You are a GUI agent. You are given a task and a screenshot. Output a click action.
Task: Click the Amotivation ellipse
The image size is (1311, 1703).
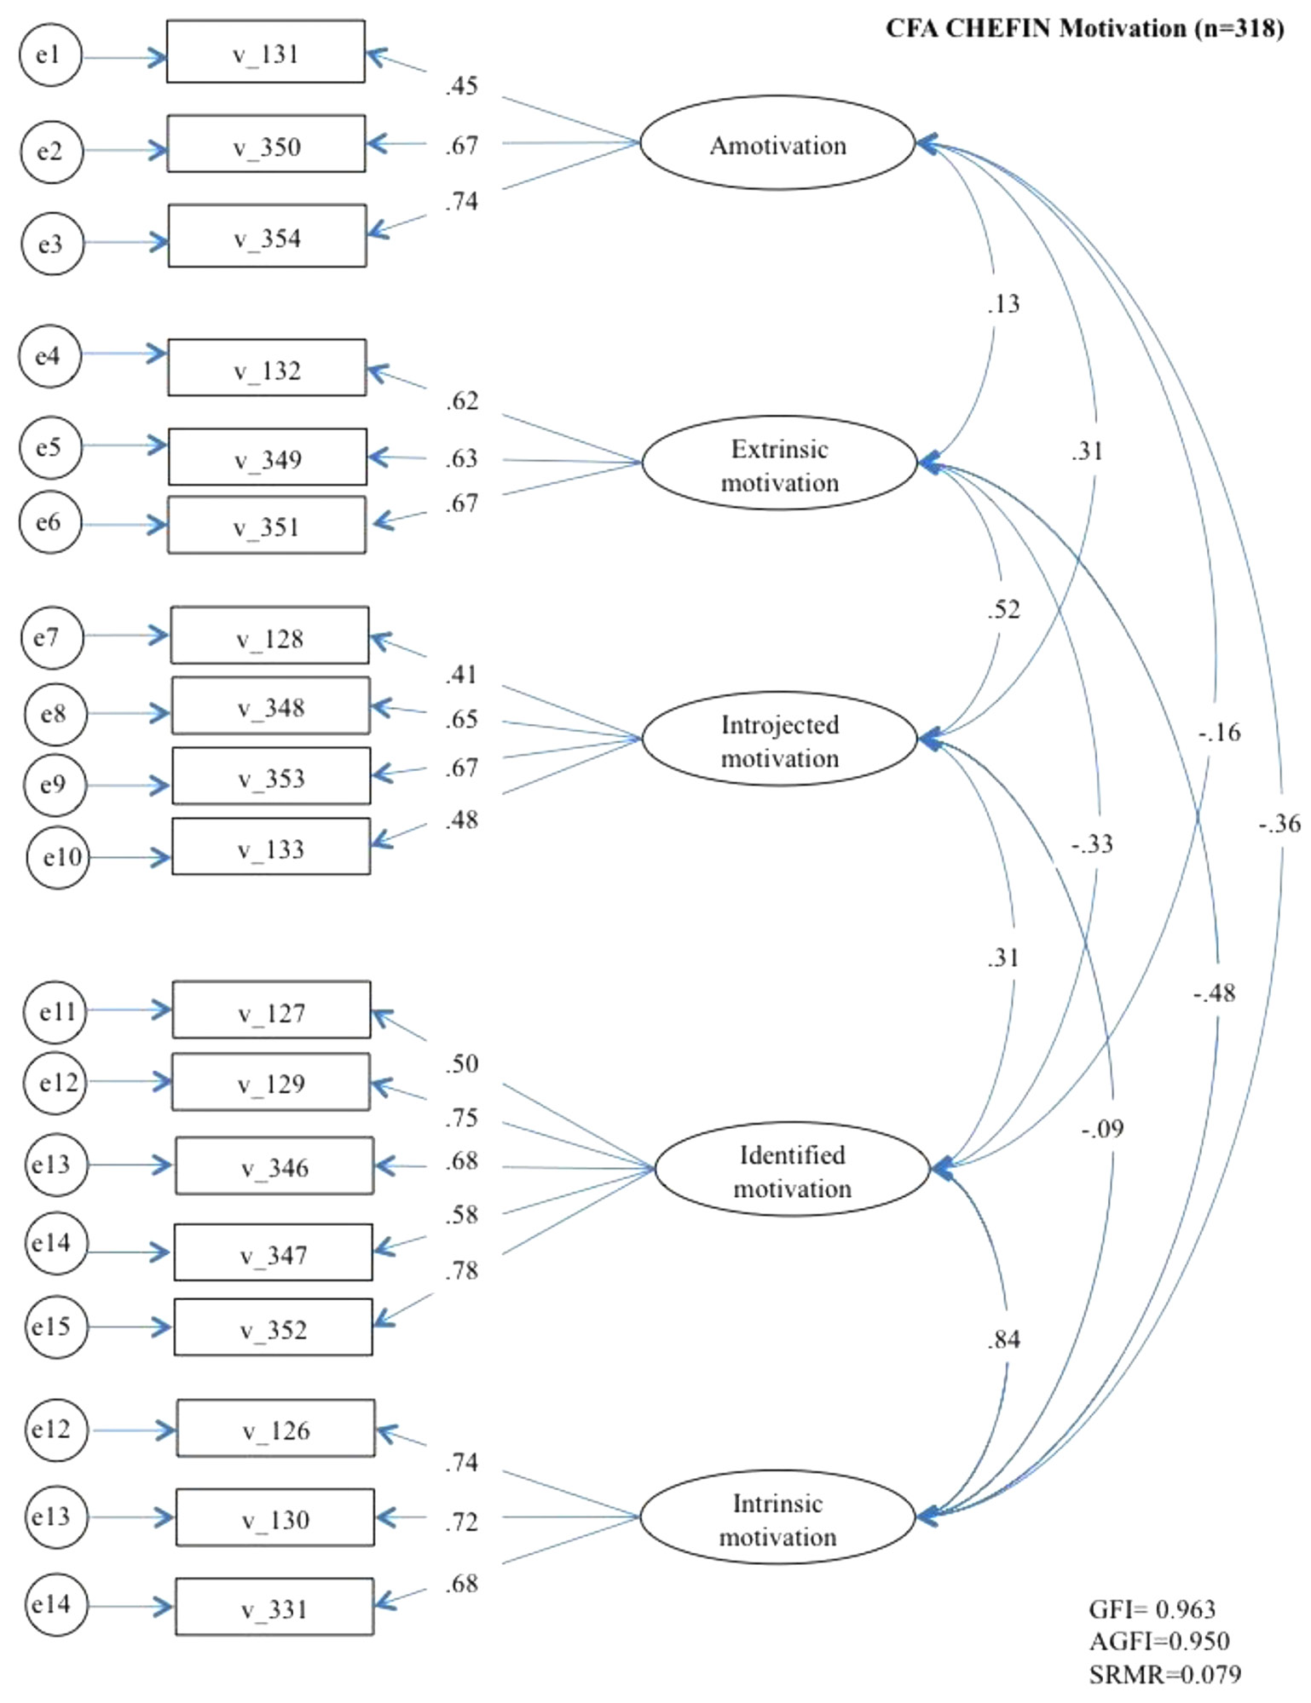click(777, 143)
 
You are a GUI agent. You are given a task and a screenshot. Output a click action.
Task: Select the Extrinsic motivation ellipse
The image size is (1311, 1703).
click(779, 463)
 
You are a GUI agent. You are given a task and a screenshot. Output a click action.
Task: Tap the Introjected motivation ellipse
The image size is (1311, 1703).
click(779, 739)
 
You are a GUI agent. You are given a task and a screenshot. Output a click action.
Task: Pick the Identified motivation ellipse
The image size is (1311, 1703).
click(792, 1169)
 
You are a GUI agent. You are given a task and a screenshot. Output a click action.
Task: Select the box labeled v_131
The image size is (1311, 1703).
click(265, 53)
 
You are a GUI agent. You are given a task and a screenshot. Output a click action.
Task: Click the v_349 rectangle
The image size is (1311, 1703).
click(268, 457)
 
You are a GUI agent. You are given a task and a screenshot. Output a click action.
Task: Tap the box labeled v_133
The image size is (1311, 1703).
click(271, 847)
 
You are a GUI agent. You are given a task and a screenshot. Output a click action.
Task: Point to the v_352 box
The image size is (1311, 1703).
click(273, 1327)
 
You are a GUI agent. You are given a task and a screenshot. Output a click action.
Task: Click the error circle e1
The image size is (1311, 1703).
click(50, 55)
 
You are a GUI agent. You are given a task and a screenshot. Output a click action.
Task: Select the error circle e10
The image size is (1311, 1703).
click(58, 857)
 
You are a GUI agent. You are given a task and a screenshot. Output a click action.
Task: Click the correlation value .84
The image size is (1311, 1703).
click(1003, 1340)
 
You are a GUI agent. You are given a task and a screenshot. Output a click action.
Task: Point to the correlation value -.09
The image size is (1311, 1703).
click(1102, 1129)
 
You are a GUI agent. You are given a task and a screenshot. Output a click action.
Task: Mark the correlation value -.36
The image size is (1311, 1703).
click(1279, 824)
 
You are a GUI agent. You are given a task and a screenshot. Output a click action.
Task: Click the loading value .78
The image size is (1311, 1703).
click(461, 1271)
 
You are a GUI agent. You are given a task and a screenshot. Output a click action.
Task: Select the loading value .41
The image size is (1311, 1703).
click(461, 675)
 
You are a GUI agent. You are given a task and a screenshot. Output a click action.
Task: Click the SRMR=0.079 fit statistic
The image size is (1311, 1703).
click(1164, 1674)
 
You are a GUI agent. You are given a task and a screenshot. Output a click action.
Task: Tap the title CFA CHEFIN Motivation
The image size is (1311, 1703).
click(1084, 29)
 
